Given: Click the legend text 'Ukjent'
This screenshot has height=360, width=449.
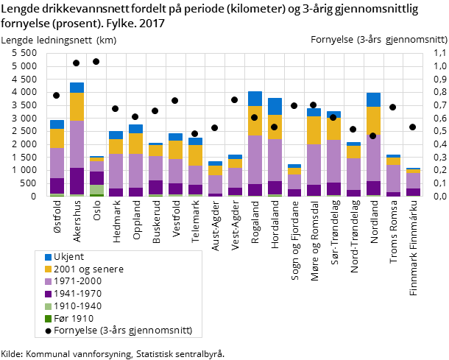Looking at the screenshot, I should pos(68,256).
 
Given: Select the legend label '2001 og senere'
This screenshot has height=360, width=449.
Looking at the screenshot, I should pos(88,269).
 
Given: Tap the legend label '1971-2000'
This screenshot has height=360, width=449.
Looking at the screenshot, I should pos(77,281).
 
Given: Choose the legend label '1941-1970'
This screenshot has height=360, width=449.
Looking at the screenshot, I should pos(77,294).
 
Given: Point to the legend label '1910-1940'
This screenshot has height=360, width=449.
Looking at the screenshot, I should pos(77,306).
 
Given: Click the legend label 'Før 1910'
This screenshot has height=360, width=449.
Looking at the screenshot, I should pos(74,319).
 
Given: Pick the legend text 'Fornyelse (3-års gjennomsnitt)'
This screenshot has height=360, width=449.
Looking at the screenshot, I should pos(123,331).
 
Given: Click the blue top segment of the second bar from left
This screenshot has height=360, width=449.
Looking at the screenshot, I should pos(77,88).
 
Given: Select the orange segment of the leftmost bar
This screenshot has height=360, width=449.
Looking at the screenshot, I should pos(57,138).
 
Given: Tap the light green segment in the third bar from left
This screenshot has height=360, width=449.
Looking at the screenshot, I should pos(96,189).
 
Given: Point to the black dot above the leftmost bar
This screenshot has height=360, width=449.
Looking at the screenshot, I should pos(56,95).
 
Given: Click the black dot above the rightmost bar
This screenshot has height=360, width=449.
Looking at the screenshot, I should pos(413,127).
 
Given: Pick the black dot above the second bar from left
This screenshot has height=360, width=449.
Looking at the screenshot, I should pos(76,63).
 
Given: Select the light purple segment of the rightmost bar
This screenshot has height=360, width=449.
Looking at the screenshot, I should pos(413,180).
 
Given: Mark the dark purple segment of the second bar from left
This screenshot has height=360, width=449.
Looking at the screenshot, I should pos(77,180).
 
